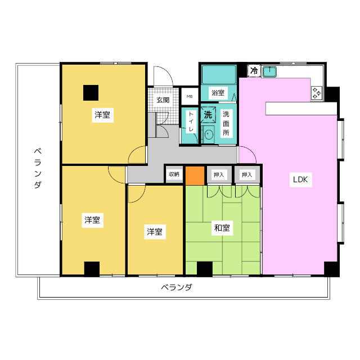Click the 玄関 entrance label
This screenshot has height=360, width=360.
tap(163, 100)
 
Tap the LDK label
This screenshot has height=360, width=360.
tap(300, 179)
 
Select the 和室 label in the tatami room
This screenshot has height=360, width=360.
tap(222, 228)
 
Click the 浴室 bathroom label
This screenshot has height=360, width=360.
tap(218, 93)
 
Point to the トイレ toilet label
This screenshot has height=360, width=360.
tap(191, 121)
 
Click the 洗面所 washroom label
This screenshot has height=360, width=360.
tap(226, 123)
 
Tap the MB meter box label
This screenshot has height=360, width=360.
tap(190, 96)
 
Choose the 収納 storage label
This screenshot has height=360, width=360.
tap(174, 174)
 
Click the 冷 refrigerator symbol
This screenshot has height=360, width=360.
tap(254, 70)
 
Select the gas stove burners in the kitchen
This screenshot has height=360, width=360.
tap(317, 93)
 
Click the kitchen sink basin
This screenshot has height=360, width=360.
tap(269, 71)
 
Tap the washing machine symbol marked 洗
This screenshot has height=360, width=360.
tap(208, 114)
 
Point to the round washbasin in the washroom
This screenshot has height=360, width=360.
tap(209, 134)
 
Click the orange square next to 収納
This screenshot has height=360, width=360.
tap(195, 175)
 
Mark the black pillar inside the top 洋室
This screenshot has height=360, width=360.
tap(91, 93)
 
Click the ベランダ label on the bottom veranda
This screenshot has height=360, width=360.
tap(176, 287)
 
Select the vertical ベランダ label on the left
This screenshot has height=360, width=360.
tap(38, 169)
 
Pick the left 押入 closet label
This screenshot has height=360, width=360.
tap(219, 175)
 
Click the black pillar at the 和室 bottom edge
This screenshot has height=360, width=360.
tap(205, 269)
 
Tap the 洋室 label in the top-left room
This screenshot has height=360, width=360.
tap(102, 115)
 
